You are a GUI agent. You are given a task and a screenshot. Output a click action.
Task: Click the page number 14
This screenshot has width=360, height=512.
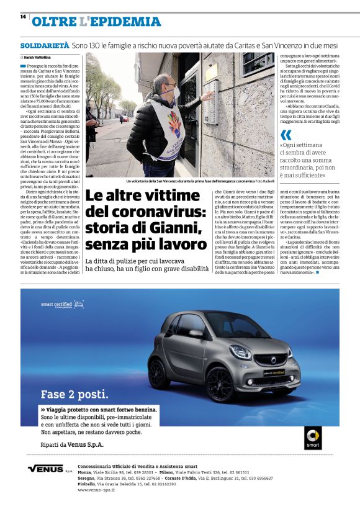(22, 16)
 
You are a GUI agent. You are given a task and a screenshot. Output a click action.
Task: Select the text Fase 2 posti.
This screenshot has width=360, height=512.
(74, 394)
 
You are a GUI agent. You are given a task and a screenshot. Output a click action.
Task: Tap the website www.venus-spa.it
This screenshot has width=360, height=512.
(96, 490)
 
